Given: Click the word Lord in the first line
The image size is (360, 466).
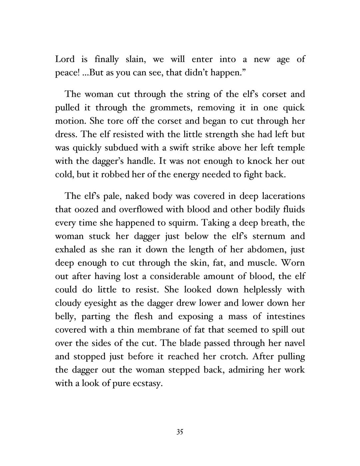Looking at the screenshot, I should point(65,59).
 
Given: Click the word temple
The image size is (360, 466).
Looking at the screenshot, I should point(290,148).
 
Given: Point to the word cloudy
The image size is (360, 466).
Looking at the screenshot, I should point(68,303).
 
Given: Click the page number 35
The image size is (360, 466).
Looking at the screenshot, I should point(180,432).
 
